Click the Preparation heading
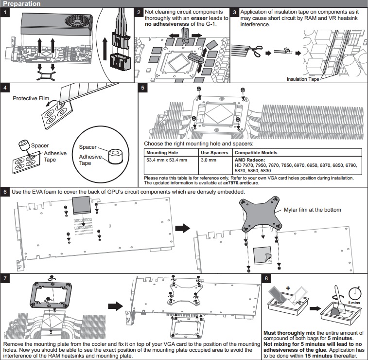[x=22, y=3]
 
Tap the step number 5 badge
[x=142, y=88]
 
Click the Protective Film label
[x=31, y=98]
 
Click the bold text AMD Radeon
[x=251, y=160]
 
